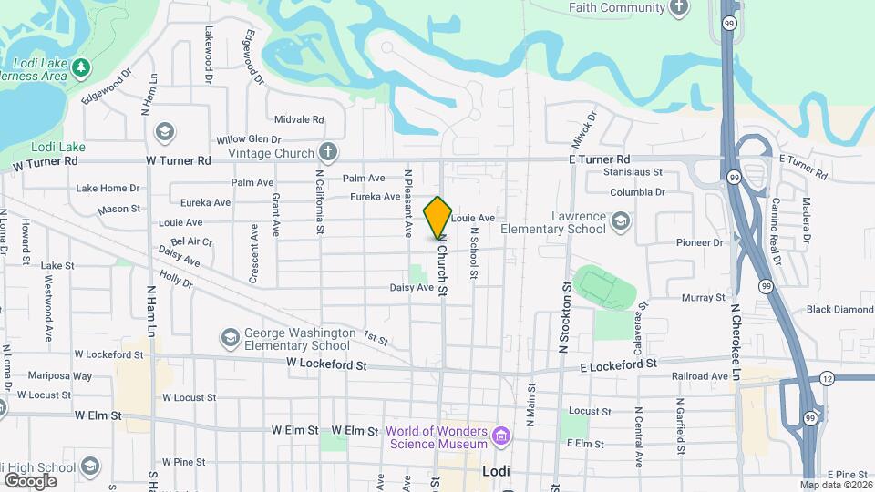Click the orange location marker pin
pyautogui.click(x=438, y=217)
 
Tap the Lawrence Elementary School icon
pyautogui.click(x=620, y=220)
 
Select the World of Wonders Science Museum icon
pyautogui.click(x=500, y=437)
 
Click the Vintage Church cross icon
pyautogui.click(x=328, y=153)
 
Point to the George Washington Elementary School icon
pyautogui.click(x=232, y=339)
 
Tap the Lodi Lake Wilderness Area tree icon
pyautogui.click(x=81, y=67)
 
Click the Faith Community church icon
pyautogui.click(x=678, y=8)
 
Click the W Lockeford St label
pyautogui.click(x=325, y=364)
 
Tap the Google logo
pyautogui.click(x=30, y=480)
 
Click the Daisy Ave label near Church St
pyautogui.click(x=411, y=287)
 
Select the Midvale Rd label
pyautogui.click(x=299, y=119)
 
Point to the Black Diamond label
pyautogui.click(x=839, y=310)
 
